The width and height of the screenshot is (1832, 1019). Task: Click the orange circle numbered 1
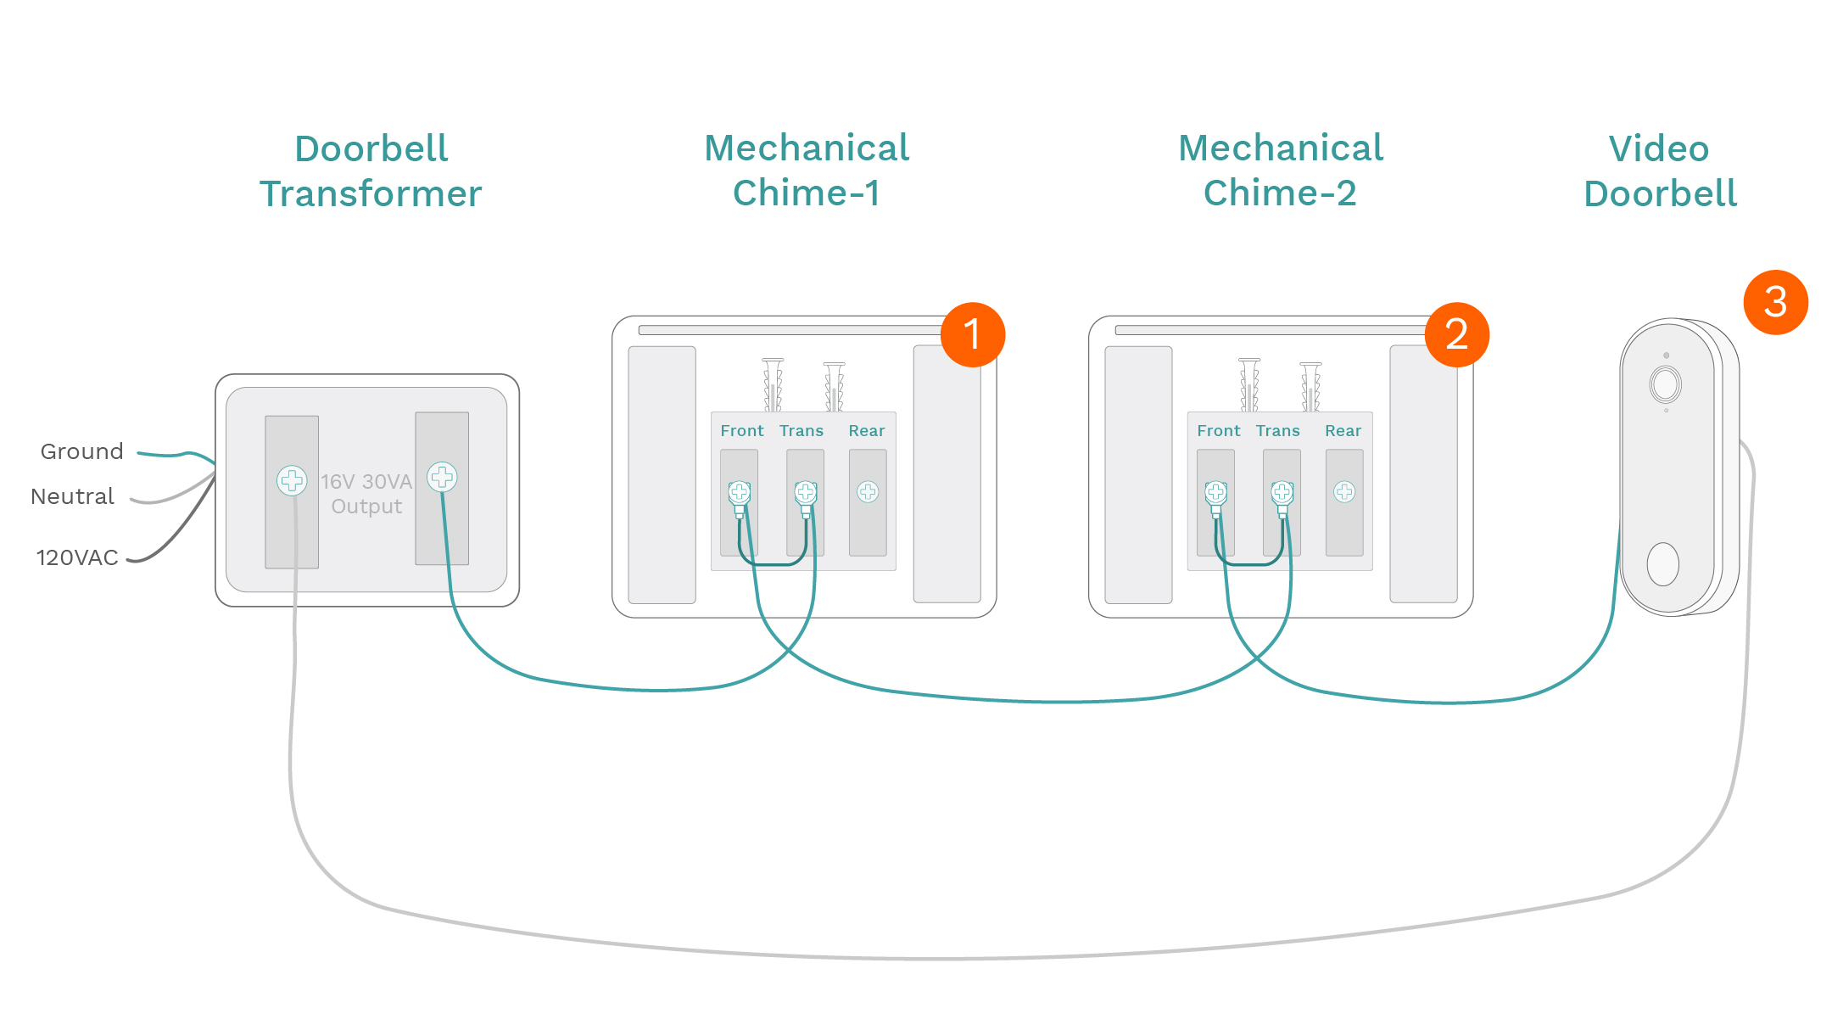coord(972,334)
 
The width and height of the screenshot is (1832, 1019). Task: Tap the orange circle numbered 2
coord(1456,334)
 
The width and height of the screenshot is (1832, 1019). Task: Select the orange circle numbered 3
coord(1775,302)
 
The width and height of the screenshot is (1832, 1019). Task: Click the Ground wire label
coord(82,451)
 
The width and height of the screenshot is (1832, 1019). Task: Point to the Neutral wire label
coord(72,496)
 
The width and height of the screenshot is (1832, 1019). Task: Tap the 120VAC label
coord(77,557)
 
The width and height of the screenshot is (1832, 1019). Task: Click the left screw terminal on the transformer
coord(292,480)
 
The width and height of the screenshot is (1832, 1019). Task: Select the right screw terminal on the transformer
coord(442,477)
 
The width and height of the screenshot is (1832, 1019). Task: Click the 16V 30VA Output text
coord(366,494)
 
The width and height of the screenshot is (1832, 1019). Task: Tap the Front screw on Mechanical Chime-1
coord(740,491)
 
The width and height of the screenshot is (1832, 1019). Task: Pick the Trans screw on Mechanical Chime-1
coord(805,491)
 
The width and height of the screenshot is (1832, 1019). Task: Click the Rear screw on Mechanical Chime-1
coord(868,491)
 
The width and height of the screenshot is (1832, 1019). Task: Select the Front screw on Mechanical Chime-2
coord(1216,491)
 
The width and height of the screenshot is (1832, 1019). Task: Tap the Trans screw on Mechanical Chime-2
coord(1282,491)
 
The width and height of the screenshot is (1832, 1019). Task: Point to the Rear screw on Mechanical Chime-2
coord(1344,491)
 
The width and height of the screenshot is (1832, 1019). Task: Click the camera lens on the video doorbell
coord(1665,384)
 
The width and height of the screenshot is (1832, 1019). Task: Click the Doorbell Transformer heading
coord(371,171)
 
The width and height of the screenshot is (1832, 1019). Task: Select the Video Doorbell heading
coord(1660,171)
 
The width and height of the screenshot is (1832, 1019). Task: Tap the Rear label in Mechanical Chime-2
coord(1343,431)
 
